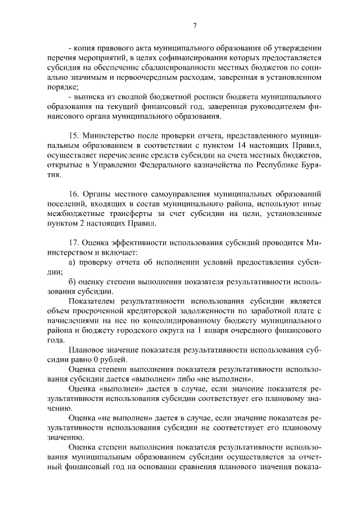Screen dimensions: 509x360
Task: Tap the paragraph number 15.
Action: click(x=73, y=136)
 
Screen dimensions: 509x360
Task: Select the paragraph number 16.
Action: click(x=73, y=193)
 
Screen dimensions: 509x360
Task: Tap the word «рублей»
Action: click(x=115, y=359)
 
